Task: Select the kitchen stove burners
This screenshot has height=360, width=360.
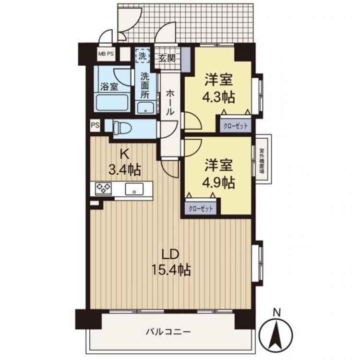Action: tap(103, 188)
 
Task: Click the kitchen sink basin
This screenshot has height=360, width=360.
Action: tap(134, 189)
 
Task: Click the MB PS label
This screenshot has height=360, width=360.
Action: tap(106, 54)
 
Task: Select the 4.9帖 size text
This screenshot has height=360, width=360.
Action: tap(220, 183)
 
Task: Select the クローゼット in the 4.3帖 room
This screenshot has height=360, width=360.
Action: tap(235, 126)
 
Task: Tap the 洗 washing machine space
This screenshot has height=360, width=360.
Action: tap(143, 56)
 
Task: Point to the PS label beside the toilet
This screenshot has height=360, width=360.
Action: tap(95, 125)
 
